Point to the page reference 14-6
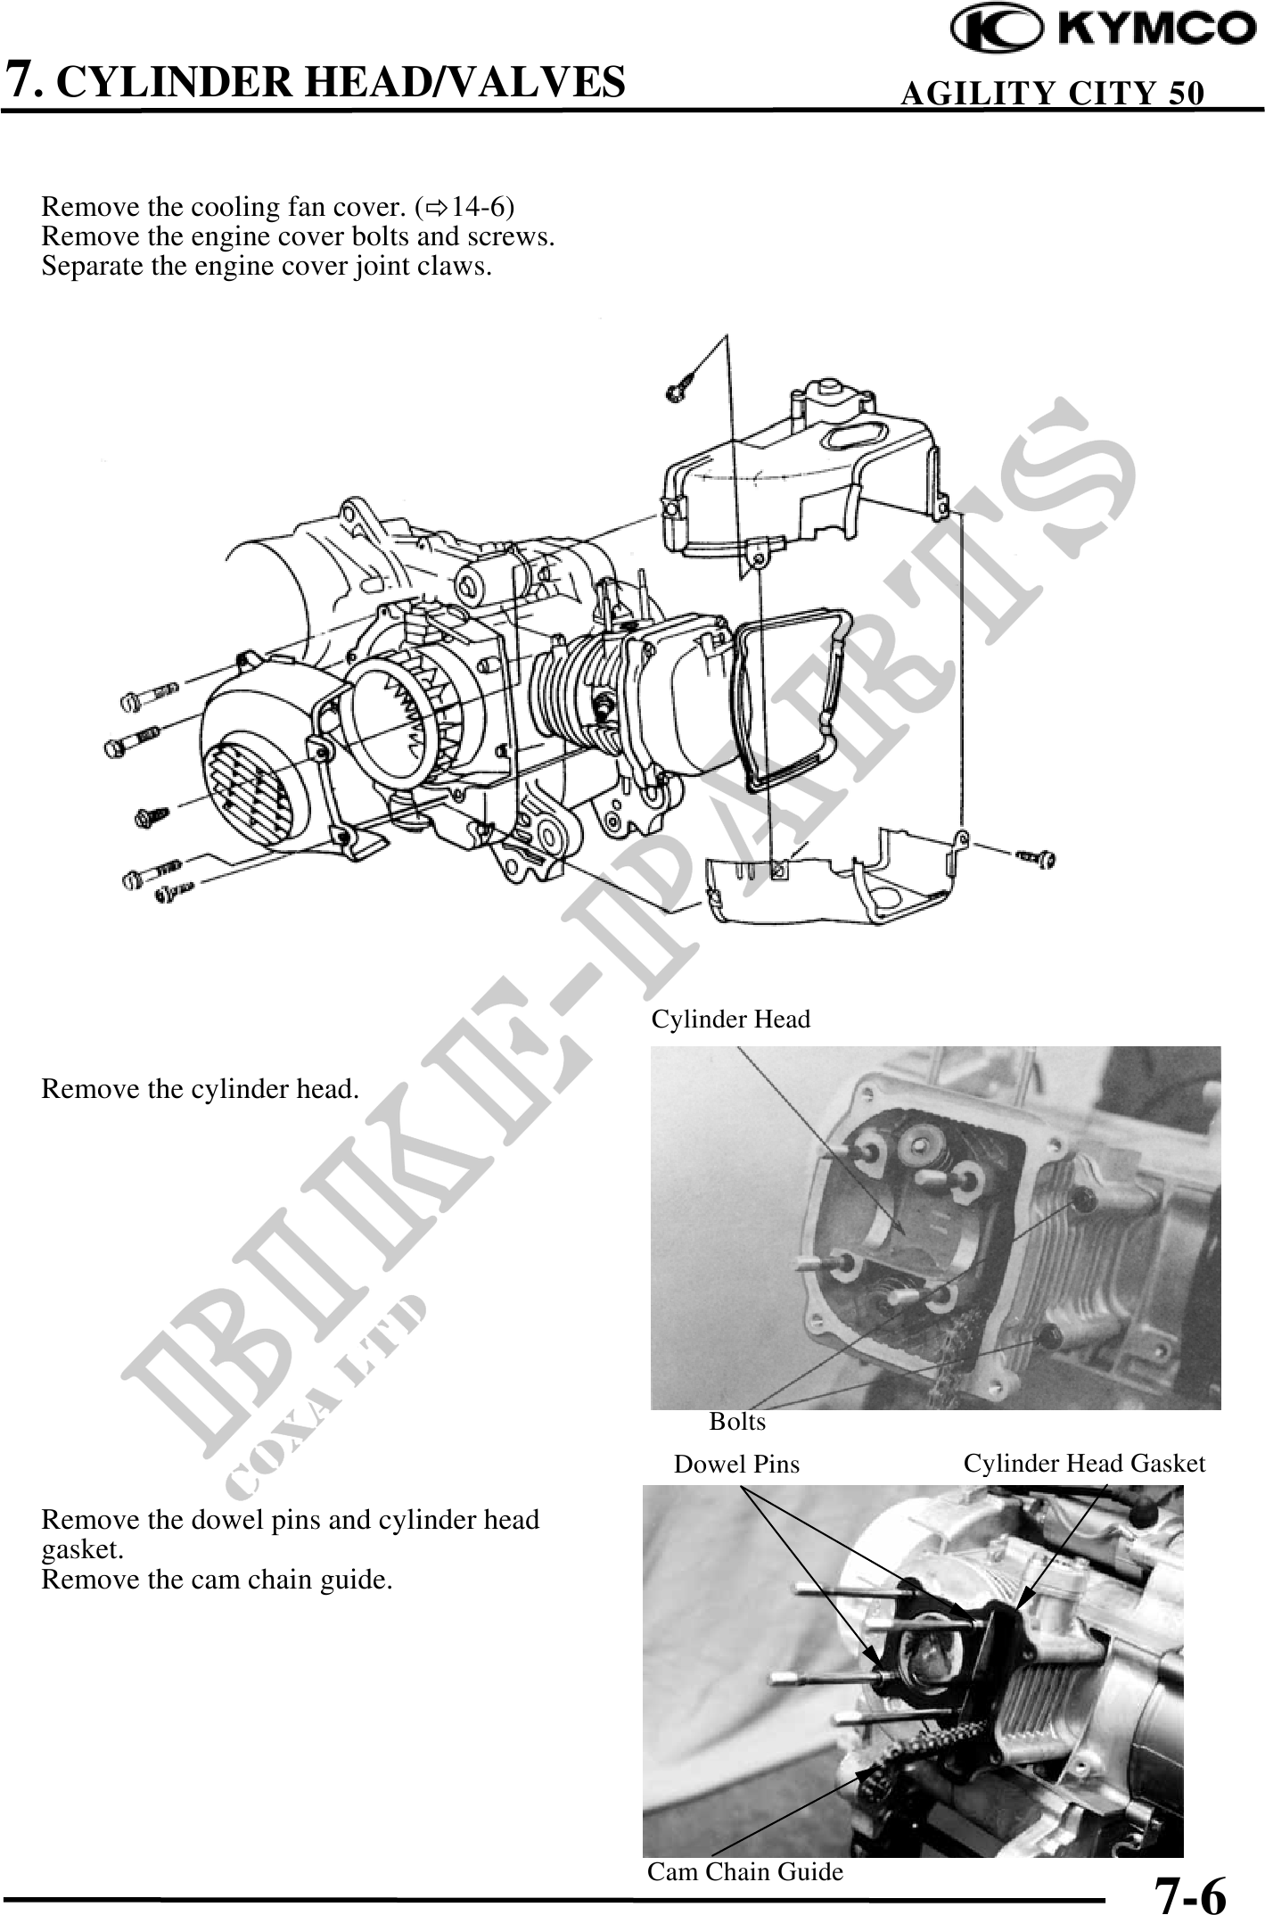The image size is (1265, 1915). point(477,208)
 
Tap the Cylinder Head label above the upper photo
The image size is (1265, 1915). point(731,1019)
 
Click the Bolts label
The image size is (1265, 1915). point(737,1422)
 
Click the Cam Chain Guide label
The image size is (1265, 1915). point(744,1871)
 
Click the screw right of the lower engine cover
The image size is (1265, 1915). point(1036,857)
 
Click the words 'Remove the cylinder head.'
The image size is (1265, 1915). point(201,1089)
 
